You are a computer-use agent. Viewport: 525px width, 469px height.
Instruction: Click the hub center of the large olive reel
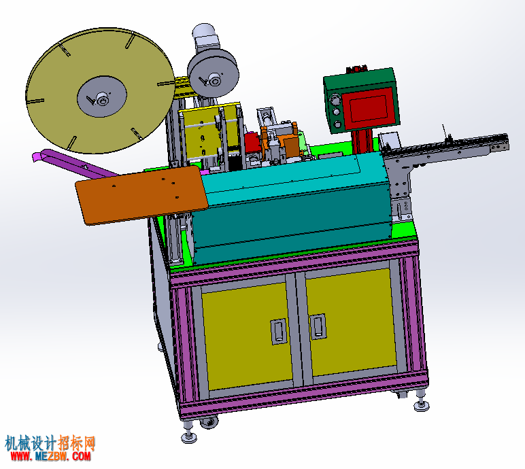coord(102,99)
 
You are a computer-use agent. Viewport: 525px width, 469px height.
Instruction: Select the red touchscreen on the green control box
coord(369,108)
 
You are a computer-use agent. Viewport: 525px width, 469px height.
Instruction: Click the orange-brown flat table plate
coord(142,194)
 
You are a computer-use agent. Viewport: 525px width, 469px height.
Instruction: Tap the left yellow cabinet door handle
coord(279,331)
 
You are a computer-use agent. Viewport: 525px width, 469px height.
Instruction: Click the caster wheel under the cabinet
coord(209,423)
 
